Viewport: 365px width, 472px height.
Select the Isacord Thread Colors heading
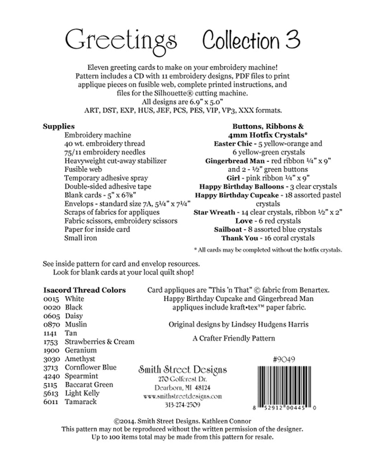pos(84,290)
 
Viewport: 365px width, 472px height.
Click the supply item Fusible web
pos(83,169)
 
